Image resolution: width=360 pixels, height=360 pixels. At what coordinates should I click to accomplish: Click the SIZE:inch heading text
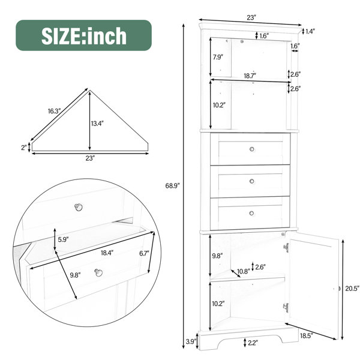[84, 35]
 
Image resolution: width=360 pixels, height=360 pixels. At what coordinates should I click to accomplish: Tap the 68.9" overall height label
[172, 185]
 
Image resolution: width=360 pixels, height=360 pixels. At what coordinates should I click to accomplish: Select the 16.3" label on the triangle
[54, 112]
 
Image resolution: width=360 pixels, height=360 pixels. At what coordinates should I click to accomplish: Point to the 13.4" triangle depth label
[97, 124]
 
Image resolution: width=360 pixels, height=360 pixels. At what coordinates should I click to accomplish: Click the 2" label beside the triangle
[24, 148]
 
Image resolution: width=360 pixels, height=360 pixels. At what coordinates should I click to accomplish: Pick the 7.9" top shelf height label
[218, 57]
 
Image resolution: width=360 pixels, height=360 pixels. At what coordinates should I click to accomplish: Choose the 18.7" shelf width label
[250, 76]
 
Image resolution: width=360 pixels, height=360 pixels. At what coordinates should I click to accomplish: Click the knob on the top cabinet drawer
[252, 149]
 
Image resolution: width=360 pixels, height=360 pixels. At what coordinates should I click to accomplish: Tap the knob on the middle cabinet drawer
[252, 181]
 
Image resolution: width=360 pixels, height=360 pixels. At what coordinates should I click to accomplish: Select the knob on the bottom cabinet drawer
[251, 213]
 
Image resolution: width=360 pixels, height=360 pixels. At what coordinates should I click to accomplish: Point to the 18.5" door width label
[307, 336]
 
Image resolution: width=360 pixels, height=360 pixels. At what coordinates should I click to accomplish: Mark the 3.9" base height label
[191, 341]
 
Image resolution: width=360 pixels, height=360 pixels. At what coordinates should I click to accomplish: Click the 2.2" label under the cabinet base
[253, 343]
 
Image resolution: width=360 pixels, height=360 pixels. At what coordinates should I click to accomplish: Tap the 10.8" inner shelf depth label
[244, 272]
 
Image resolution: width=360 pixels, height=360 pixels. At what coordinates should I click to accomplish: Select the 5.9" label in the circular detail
[64, 239]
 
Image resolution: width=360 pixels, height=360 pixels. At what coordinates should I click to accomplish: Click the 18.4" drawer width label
[107, 253]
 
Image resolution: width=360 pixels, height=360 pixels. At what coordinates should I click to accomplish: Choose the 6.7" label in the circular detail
[144, 253]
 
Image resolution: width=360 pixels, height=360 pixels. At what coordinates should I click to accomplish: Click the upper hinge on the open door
[286, 248]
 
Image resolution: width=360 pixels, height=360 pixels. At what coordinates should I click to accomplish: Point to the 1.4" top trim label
[310, 31]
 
